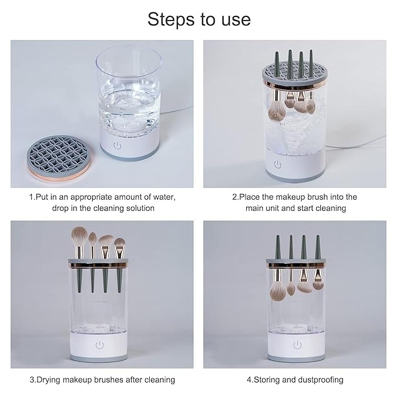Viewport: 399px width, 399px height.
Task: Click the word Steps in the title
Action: pos(172,20)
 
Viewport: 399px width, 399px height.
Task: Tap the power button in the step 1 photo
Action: pos(117,146)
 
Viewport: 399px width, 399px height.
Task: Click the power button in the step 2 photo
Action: pos(278,165)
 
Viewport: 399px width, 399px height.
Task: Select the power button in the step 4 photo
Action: pos(297,345)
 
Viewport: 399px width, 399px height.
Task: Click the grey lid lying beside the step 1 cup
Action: pos(59,157)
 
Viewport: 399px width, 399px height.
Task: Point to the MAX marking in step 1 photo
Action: pos(123,109)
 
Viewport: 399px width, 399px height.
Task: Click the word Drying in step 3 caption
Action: pos(49,380)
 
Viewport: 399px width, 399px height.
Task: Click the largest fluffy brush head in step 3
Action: pos(79,236)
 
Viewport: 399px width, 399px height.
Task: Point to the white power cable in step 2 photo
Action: pos(356,144)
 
